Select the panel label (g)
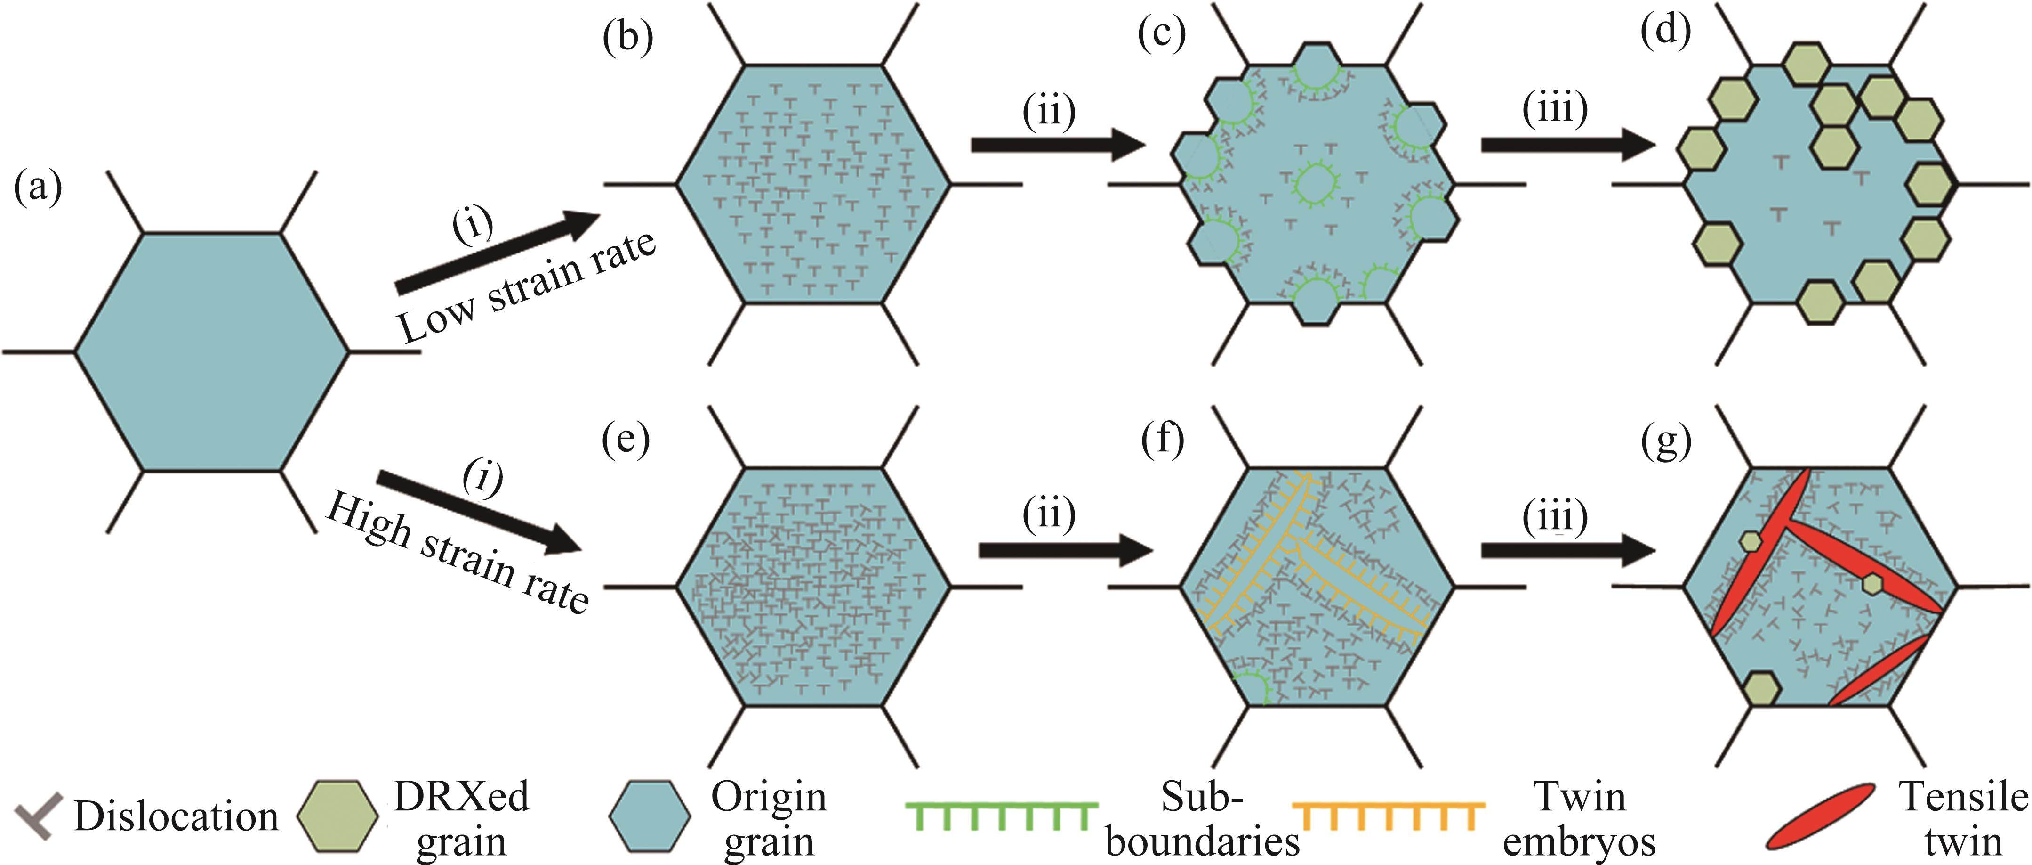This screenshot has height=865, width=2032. coord(1666,443)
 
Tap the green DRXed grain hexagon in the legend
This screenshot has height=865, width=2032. coord(337,816)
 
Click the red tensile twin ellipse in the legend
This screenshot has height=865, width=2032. coord(1820,816)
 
